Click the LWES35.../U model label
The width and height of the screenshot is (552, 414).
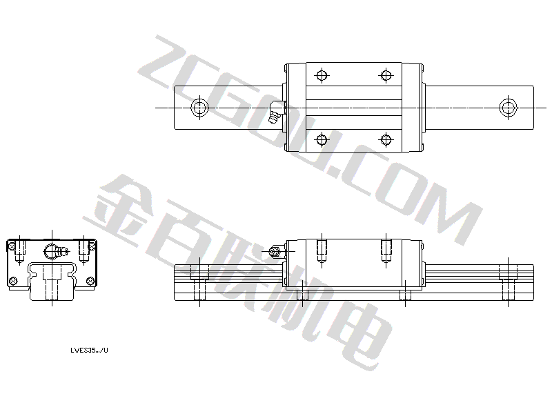click(x=90, y=351)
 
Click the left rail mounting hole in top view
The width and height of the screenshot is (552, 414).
click(x=199, y=107)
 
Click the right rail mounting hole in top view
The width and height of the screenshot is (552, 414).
click(x=508, y=107)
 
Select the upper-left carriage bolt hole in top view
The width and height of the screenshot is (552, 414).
click(x=322, y=75)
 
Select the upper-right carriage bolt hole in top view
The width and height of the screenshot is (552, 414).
click(x=386, y=75)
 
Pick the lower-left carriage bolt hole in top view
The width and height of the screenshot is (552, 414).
click(x=322, y=139)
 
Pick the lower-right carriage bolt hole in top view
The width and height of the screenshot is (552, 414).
click(x=386, y=139)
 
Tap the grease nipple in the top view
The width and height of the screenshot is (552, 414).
click(x=275, y=112)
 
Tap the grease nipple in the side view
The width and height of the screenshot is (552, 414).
click(x=275, y=251)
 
